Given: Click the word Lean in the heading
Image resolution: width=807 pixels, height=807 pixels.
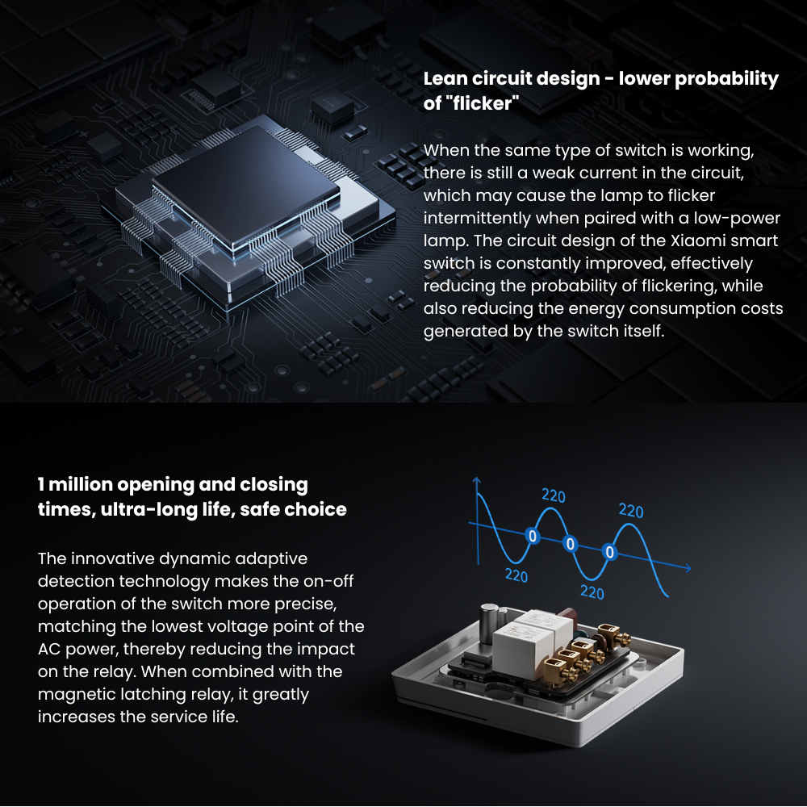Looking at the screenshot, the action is [x=445, y=79].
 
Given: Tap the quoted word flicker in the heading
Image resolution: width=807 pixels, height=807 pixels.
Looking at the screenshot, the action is [x=483, y=103].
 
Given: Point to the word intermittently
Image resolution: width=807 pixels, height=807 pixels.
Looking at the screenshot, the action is [x=477, y=218].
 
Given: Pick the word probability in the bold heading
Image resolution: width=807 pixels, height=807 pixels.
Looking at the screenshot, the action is [x=727, y=79].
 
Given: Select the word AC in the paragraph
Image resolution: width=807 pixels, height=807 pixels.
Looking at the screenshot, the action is [x=49, y=649].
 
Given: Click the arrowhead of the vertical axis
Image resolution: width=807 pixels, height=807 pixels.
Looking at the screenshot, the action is [x=477, y=481].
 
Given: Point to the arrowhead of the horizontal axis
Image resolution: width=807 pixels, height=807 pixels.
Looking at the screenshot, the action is [x=687, y=567].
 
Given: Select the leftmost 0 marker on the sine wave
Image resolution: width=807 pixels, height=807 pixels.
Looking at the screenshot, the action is [x=533, y=537].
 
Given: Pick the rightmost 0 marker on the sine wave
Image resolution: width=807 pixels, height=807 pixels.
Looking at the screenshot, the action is [x=609, y=552].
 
